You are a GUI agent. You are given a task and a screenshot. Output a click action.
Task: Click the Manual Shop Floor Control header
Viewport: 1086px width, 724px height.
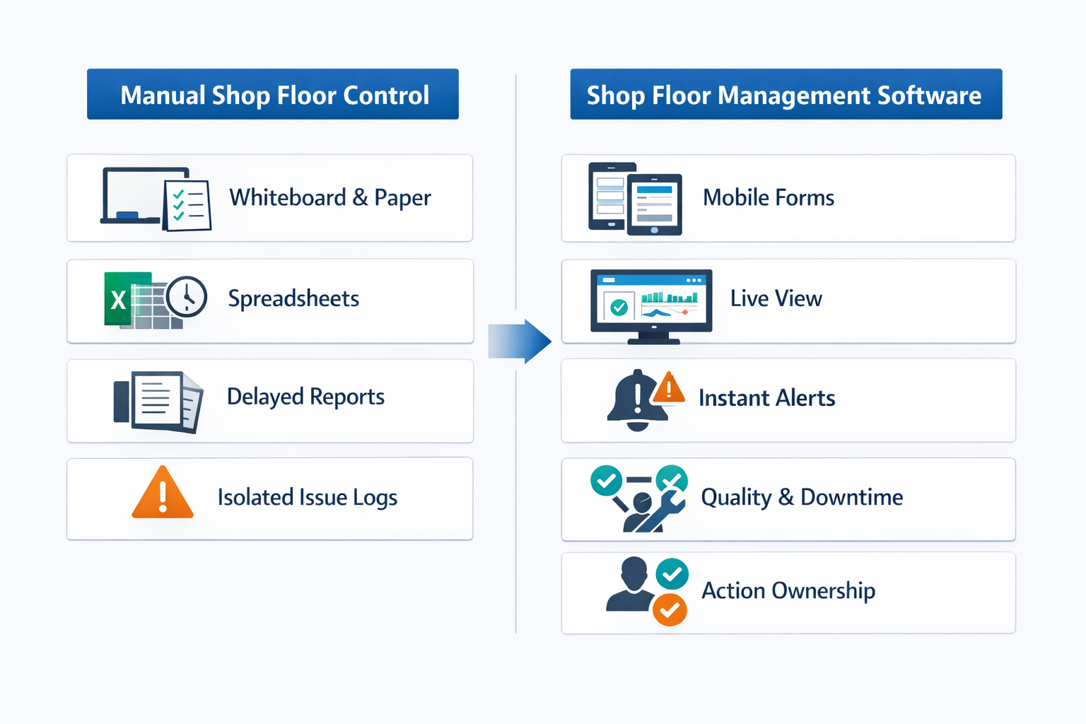(x=273, y=94)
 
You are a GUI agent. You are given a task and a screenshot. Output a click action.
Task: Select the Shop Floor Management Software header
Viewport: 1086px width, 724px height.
(x=786, y=94)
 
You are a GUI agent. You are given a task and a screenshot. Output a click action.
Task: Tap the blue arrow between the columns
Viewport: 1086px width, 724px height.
(x=520, y=341)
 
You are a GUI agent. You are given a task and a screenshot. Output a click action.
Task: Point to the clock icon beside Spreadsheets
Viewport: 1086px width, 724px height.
(x=187, y=296)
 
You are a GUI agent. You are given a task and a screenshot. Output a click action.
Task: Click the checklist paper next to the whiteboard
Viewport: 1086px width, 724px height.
(x=187, y=205)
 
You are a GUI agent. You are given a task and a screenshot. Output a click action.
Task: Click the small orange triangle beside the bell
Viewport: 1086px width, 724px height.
(x=668, y=388)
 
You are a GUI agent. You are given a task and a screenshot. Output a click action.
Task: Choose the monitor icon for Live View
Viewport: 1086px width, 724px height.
(x=651, y=303)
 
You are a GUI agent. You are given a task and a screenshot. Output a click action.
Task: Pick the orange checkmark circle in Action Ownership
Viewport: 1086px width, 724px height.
(x=670, y=609)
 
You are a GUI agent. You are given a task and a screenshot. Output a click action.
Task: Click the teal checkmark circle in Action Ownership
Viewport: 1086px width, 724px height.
(x=672, y=574)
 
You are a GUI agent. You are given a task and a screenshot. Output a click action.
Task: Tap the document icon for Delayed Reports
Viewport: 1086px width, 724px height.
(x=158, y=400)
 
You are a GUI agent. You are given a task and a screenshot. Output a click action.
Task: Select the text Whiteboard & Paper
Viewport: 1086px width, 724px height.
(x=329, y=197)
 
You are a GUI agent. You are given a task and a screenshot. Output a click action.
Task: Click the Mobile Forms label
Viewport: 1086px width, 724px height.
(x=768, y=197)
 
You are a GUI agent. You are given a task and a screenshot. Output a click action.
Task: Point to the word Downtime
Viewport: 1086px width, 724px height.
(x=851, y=497)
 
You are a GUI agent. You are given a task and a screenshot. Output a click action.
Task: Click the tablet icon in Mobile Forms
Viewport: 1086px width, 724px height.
(x=655, y=204)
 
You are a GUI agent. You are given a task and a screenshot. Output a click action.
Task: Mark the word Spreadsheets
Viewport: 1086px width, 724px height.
(x=293, y=298)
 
